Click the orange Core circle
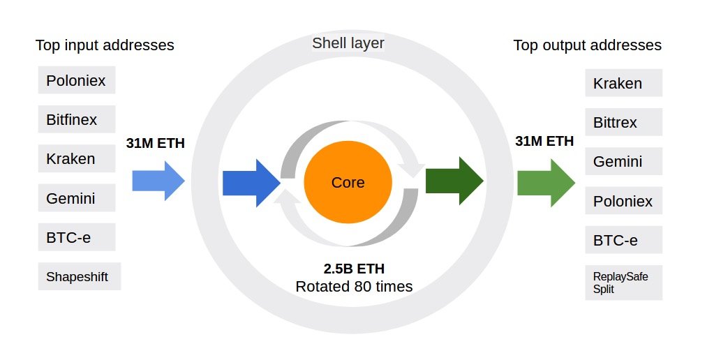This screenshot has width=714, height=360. (348, 183)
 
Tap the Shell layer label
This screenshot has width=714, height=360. (348, 44)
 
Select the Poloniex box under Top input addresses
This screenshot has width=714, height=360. (76, 80)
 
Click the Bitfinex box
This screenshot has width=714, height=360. (76, 120)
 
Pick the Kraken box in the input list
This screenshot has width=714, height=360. (76, 159)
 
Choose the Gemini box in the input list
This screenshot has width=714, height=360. (76, 198)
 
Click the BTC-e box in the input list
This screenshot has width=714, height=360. (76, 237)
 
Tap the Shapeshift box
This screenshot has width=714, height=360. (78, 276)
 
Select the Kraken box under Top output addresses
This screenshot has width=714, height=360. (623, 83)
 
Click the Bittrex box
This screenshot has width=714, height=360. (623, 123)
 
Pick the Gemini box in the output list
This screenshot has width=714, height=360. (623, 162)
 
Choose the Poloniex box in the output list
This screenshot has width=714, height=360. (623, 201)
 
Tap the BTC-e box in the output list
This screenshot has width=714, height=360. (623, 241)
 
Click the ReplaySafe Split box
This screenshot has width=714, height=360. (623, 283)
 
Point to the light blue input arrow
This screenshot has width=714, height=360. (158, 181)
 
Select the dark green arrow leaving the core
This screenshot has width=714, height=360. (454, 181)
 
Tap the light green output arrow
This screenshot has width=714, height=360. (546, 183)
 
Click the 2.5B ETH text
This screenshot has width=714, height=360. (354, 269)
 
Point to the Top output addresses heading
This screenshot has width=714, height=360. (587, 45)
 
